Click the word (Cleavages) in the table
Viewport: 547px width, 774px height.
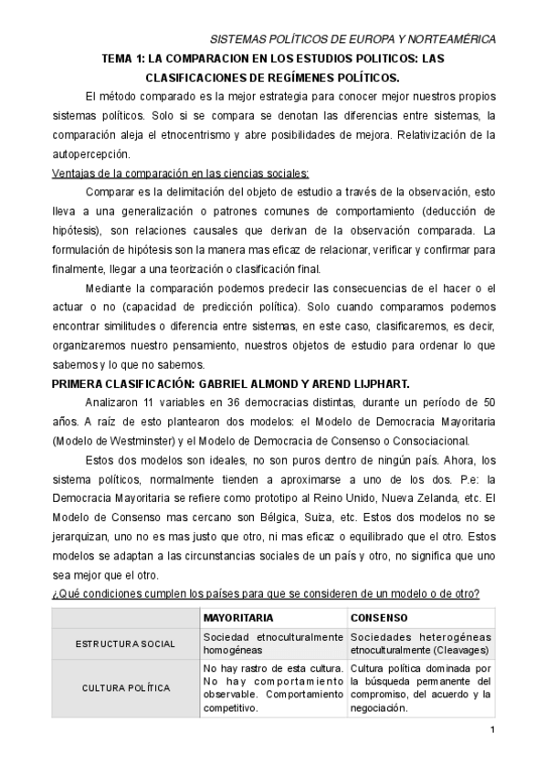point(458,650)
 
